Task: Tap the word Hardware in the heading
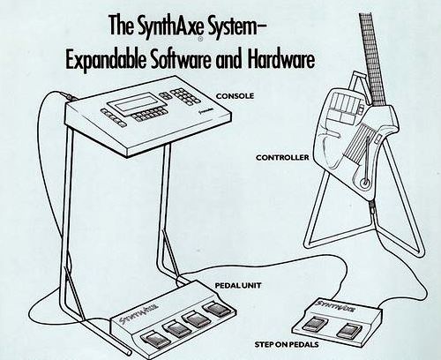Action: [x=281, y=60]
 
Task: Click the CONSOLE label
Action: [x=235, y=96]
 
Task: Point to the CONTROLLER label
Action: [x=282, y=158]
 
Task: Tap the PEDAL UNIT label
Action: [x=238, y=286]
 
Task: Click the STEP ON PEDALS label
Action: [x=287, y=344]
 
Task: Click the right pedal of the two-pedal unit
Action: [x=348, y=330]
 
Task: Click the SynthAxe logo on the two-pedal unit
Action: [x=337, y=306]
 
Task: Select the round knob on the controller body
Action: [x=365, y=184]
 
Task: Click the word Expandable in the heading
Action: [x=106, y=60]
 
